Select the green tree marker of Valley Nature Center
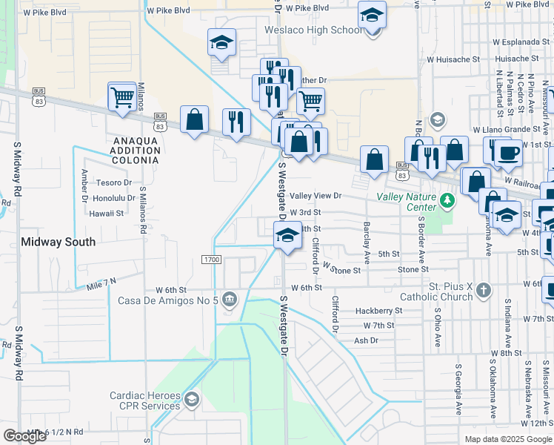point(447,200)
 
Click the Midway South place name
point(58,242)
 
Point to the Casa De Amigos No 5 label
point(169,300)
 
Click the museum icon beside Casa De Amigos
point(230,300)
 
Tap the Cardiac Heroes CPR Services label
point(145,400)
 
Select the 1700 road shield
point(211,259)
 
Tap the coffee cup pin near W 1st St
point(507,153)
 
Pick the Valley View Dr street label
point(316,196)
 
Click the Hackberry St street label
point(378,311)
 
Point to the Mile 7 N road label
point(101,283)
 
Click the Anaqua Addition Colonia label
point(136,150)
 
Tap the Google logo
point(24,436)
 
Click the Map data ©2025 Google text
point(508,439)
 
